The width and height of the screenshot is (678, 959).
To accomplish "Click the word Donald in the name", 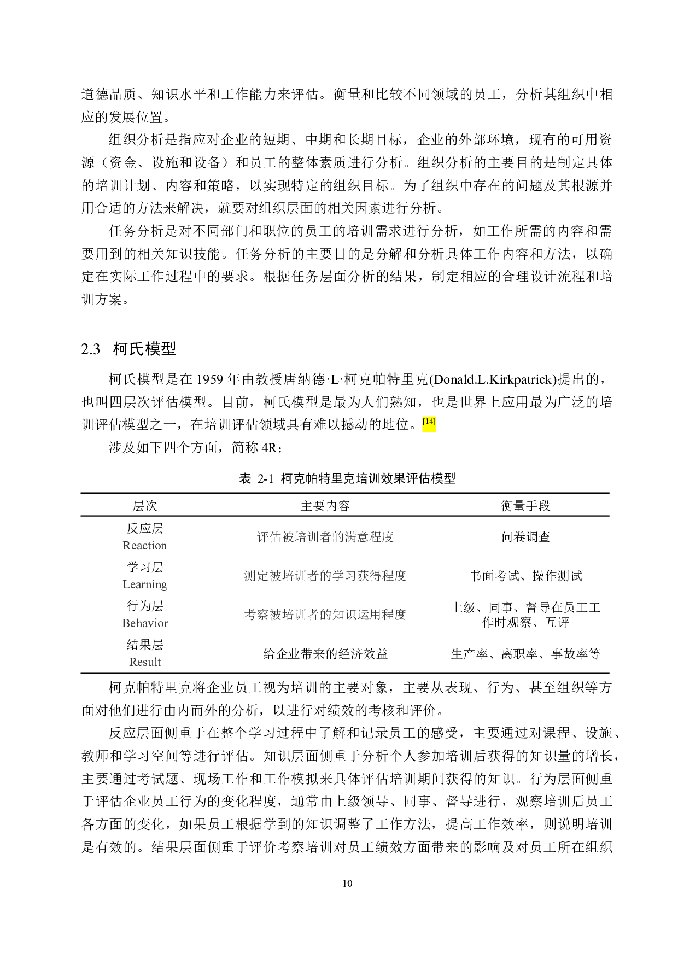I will click(x=454, y=379).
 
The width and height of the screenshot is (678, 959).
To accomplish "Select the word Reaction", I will click(x=145, y=545).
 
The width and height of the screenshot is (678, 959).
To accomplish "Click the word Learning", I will click(x=145, y=584).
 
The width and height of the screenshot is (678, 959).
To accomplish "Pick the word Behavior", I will click(x=145, y=623).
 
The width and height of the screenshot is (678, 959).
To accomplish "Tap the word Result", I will click(x=145, y=662).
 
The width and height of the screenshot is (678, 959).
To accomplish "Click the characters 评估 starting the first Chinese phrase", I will click(x=269, y=537).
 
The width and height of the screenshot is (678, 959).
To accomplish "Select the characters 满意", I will click(x=356, y=537).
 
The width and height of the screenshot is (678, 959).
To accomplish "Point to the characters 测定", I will click(x=256, y=576).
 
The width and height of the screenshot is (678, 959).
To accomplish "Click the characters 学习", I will click(x=344, y=576).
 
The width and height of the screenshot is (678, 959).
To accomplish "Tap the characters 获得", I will click(x=370, y=576).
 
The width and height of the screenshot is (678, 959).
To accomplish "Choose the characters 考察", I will click(x=256, y=615).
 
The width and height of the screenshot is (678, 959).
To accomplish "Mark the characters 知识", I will click(x=344, y=615).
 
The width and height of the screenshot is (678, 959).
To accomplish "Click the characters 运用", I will click(x=370, y=615).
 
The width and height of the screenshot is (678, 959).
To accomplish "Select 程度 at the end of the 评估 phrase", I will click(x=382, y=537).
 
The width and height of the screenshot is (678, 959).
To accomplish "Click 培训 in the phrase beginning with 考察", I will click(x=294, y=615).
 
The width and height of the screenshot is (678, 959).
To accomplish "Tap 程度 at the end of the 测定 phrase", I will click(x=395, y=576).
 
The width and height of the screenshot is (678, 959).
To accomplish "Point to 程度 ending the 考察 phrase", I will click(x=395, y=615).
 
